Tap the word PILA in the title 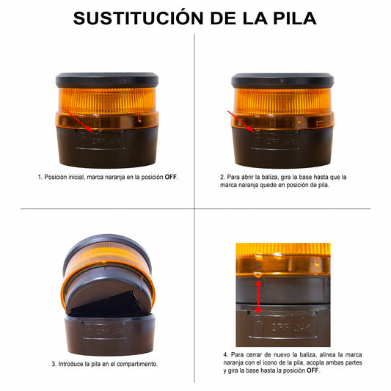pyautogui.click(x=295, y=18)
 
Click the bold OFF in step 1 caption pyautogui.click(x=171, y=177)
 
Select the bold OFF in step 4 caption pyautogui.click(x=313, y=370)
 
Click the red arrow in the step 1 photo pyautogui.click(x=80, y=122)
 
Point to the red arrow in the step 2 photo pyautogui.click(x=241, y=122)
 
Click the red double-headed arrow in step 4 pyautogui.click(x=258, y=296)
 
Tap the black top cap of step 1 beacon pyautogui.click(x=107, y=80)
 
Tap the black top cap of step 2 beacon pyautogui.click(x=282, y=80)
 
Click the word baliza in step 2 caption pyautogui.click(x=269, y=177)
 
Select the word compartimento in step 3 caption pyautogui.click(x=137, y=364)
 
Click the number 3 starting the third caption pyautogui.click(x=54, y=364)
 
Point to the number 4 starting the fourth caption pyautogui.click(x=226, y=354)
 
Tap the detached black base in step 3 pyautogui.click(x=110, y=334)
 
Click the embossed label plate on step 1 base pyautogui.click(x=101, y=139)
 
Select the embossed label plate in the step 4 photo pyautogui.click(x=282, y=325)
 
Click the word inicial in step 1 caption pyautogui.click(x=76, y=177)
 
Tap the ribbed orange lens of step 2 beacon pyautogui.click(x=282, y=101)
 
